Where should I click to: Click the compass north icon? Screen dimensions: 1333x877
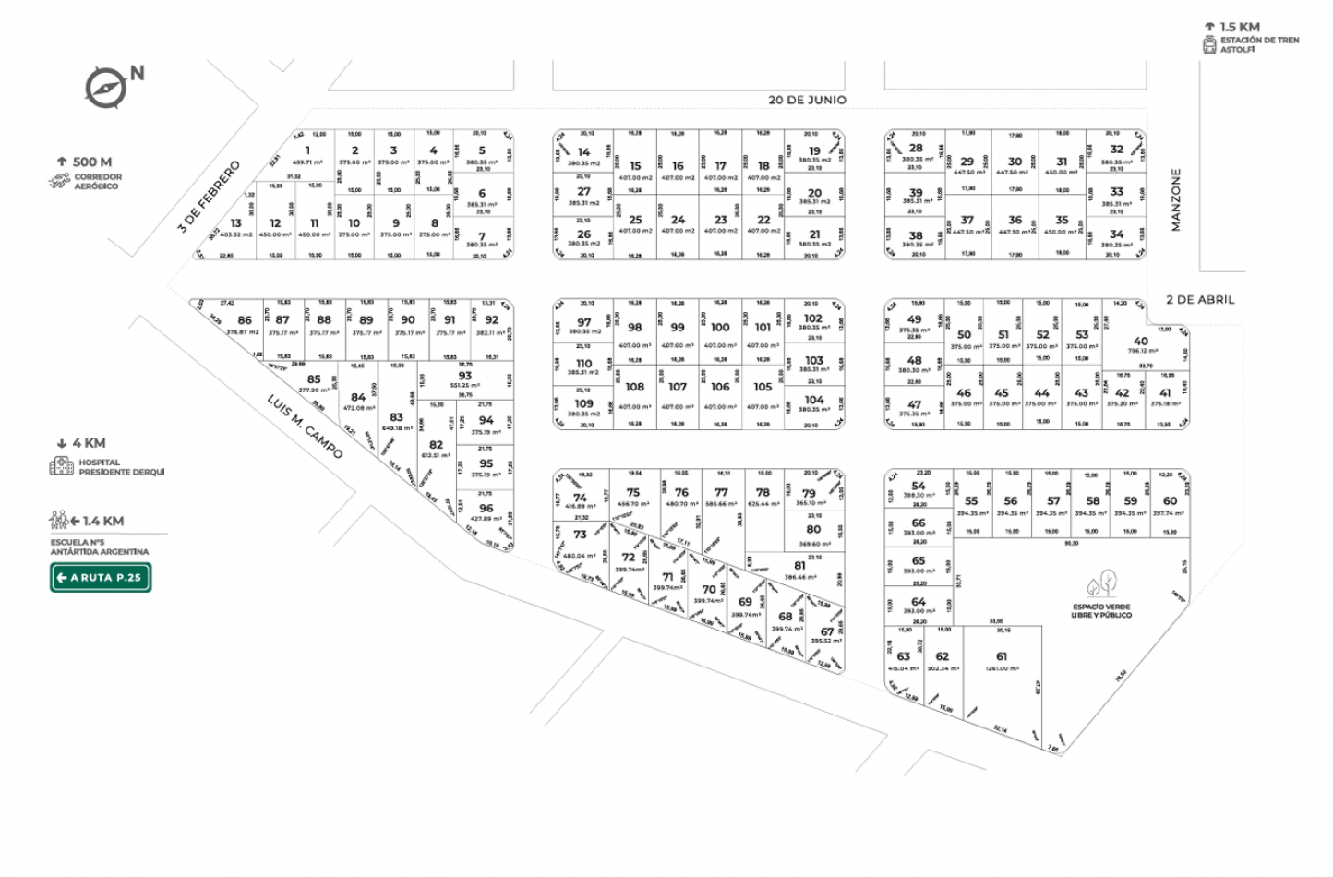106,88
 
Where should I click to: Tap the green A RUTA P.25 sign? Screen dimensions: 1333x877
101,578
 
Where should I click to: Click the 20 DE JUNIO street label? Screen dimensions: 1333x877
807,100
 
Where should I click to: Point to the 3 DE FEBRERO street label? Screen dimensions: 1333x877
210,196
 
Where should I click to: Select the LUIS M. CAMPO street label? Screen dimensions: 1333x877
305,426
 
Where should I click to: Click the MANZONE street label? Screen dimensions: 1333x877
1176,199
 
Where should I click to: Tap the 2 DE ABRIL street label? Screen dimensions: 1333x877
1199,300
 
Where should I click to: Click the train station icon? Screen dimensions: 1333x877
1209,45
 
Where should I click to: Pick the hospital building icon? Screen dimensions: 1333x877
61,466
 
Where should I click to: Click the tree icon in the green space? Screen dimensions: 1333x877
1101,583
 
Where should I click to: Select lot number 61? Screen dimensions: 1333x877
1002,656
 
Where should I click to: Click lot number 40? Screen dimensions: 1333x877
1141,342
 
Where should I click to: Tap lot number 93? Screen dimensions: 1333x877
464,376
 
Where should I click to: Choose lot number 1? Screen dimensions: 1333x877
307,150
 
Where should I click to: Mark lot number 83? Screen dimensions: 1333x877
396,417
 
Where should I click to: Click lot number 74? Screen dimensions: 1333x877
580,498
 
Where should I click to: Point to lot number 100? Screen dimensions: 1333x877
720,327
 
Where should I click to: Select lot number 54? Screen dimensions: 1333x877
918,486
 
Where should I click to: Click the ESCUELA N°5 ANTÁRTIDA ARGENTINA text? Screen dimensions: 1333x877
100,547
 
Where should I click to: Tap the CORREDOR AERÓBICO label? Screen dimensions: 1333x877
98,181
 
